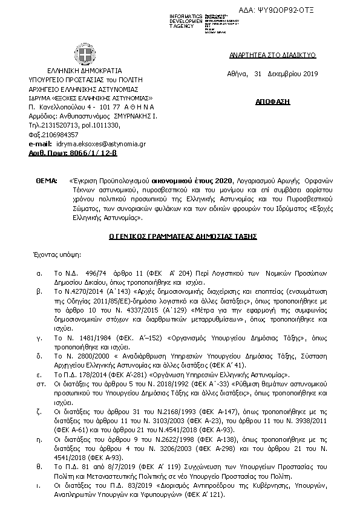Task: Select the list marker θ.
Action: [39, 466]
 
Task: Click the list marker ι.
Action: [39, 485]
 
